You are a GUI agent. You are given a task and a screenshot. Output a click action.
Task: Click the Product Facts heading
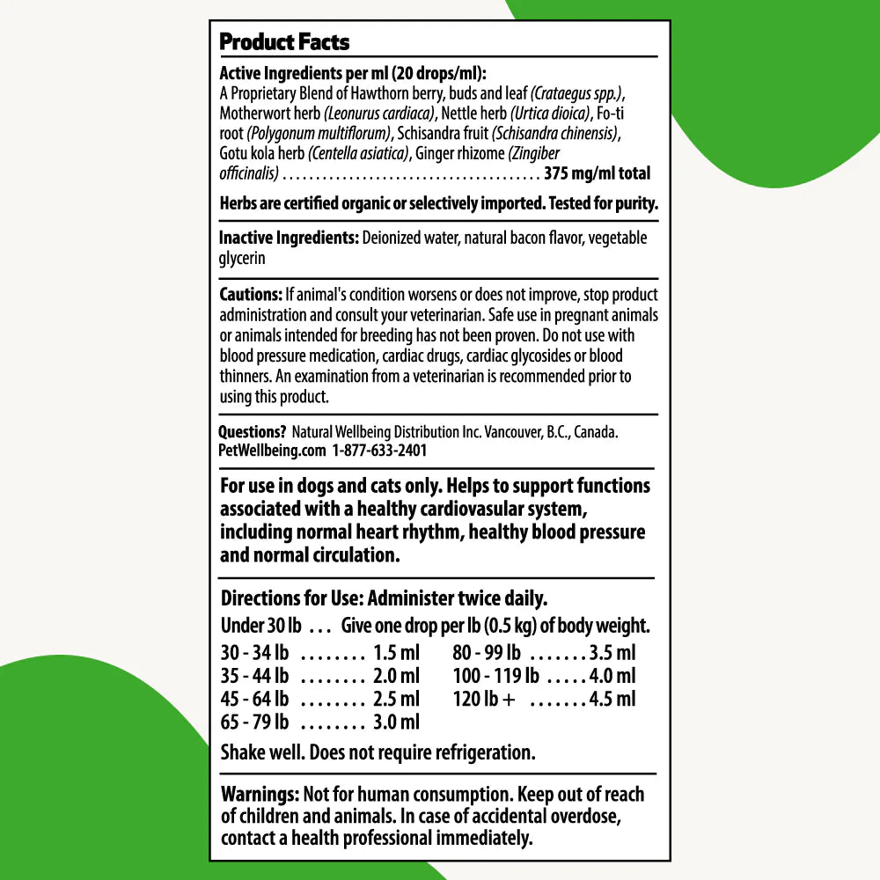pyautogui.click(x=283, y=41)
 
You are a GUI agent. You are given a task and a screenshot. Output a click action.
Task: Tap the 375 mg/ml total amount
pyautogui.click(x=598, y=173)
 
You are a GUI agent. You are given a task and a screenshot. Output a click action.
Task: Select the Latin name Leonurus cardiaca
pyautogui.click(x=379, y=113)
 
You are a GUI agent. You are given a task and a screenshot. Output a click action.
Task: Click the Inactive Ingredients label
pyautogui.click(x=288, y=238)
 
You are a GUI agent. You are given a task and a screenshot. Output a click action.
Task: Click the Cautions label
pyautogui.click(x=250, y=295)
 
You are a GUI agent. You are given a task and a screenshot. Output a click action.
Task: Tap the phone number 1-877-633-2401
pyautogui.click(x=379, y=450)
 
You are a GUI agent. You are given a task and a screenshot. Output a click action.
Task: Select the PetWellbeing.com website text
pyautogui.click(x=271, y=450)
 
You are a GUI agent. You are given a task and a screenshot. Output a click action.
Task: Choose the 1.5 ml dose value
pyautogui.click(x=396, y=654)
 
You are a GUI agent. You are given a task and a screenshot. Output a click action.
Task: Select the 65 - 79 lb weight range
pyautogui.click(x=254, y=722)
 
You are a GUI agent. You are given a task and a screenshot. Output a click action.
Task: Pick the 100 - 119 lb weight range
pyautogui.click(x=495, y=677)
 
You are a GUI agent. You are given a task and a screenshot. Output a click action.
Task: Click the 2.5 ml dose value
pyautogui.click(x=396, y=700)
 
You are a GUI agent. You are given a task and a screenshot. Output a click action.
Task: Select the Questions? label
pyautogui.click(x=253, y=432)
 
